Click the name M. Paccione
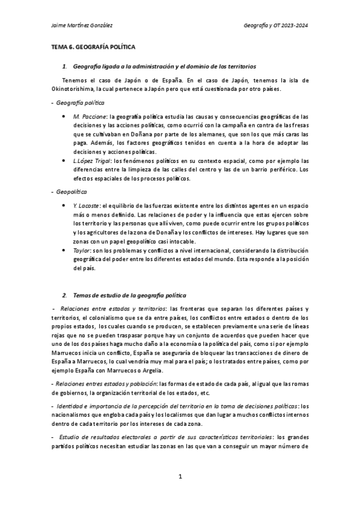pyautogui.click(x=86, y=115)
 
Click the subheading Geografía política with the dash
pyautogui.click(x=70, y=103)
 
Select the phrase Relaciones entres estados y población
pyautogui.click(x=106, y=384)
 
